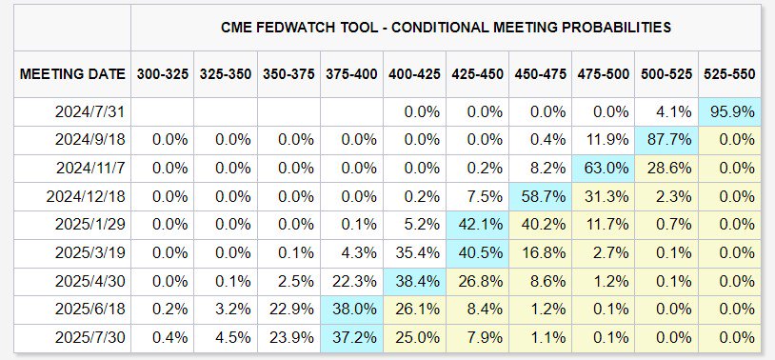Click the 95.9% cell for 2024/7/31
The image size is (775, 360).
click(729, 111)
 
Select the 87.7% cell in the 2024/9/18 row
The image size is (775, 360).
click(666, 140)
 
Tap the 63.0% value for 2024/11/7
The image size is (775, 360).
click(604, 169)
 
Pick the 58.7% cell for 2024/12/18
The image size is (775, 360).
click(540, 197)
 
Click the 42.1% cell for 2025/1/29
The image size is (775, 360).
click(477, 225)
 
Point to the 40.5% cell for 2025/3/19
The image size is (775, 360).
click(477, 253)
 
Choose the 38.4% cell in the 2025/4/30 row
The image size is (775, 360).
click(414, 281)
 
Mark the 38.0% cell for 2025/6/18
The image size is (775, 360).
click(351, 310)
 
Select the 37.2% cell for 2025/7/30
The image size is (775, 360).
click(351, 338)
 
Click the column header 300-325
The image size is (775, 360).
click(163, 74)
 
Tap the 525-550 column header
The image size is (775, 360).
click(729, 74)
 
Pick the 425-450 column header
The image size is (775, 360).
click(477, 74)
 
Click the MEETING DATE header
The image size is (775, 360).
click(72, 74)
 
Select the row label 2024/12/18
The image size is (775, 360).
click(86, 197)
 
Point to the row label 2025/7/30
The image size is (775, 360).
click(89, 338)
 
